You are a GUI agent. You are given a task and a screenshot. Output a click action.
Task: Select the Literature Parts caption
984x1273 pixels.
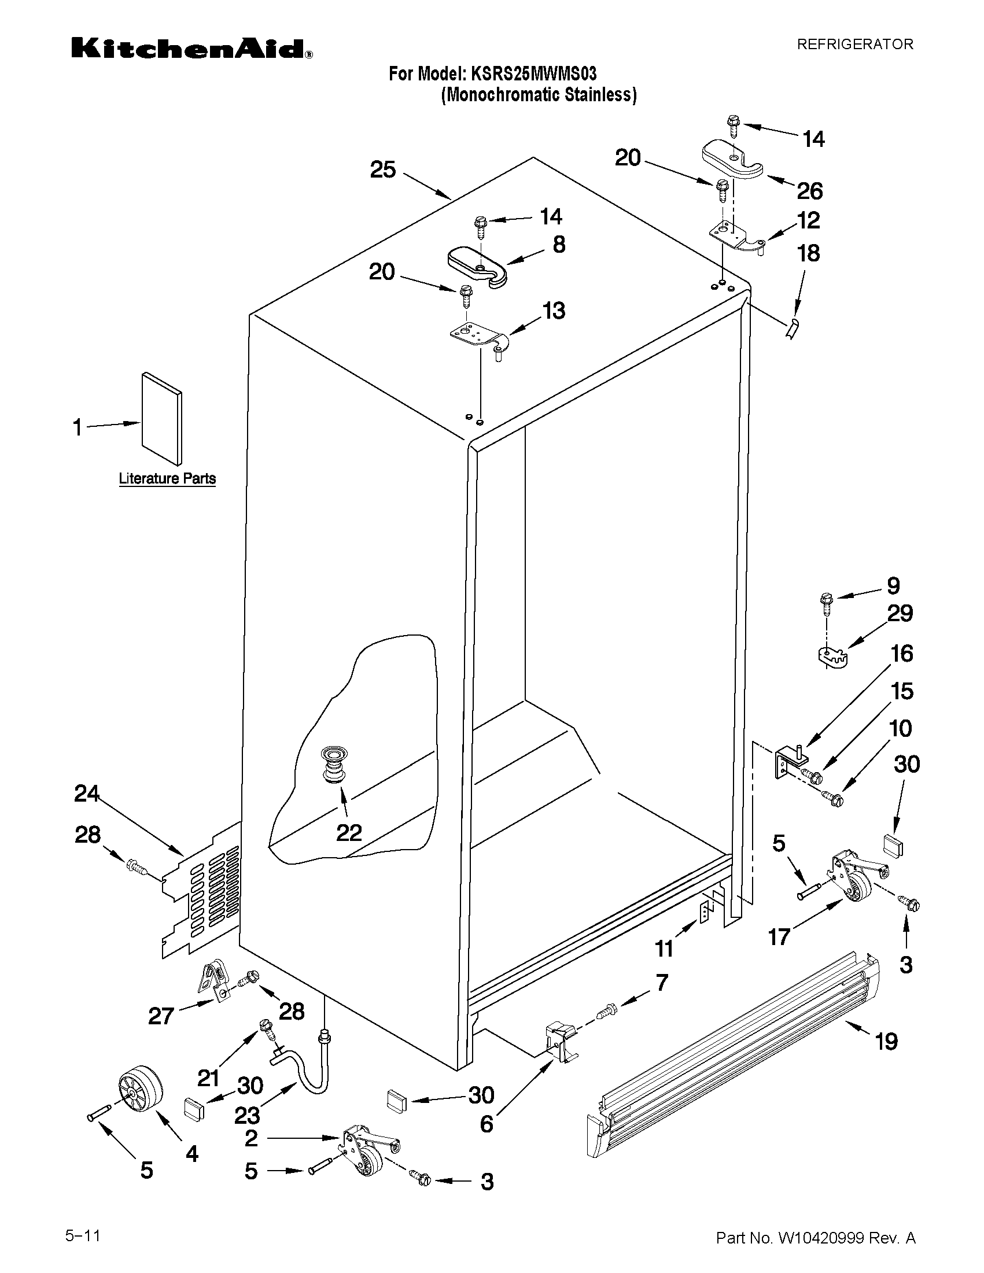click(x=167, y=479)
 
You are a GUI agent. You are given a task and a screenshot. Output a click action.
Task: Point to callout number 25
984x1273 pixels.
click(x=383, y=170)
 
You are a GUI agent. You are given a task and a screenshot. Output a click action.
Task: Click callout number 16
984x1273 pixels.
click(x=901, y=654)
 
